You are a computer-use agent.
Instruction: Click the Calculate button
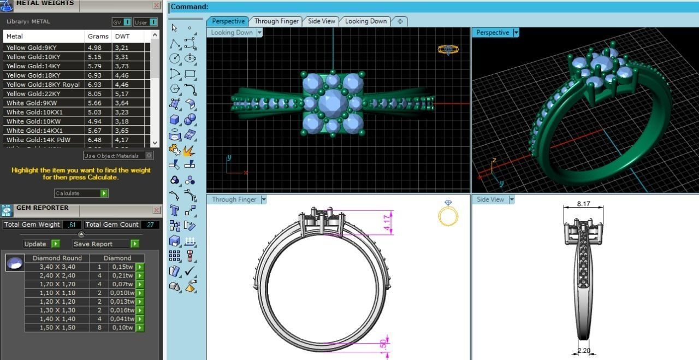tap(81, 193)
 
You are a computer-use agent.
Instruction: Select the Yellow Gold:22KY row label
tap(33, 94)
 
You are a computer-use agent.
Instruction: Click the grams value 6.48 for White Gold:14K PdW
tap(94, 140)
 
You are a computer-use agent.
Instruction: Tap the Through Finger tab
tap(276, 21)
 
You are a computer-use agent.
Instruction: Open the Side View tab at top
tap(321, 21)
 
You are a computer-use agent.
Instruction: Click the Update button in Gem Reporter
tap(41, 244)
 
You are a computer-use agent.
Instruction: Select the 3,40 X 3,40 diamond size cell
tap(57, 267)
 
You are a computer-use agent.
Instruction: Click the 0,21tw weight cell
tap(122, 276)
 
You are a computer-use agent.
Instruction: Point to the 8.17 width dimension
tap(583, 204)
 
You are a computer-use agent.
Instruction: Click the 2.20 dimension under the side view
tap(584, 351)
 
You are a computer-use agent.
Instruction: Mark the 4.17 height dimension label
tap(387, 222)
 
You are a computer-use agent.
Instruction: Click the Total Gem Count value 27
tap(150, 225)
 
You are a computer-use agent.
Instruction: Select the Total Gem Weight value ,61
tap(72, 225)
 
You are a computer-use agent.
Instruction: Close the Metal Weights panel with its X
tap(157, 5)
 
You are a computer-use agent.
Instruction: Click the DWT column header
tap(121, 37)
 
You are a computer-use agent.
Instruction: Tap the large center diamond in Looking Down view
tap(333, 103)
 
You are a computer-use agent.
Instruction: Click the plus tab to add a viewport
tap(400, 21)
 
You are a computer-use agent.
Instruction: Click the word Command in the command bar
tap(189, 7)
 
